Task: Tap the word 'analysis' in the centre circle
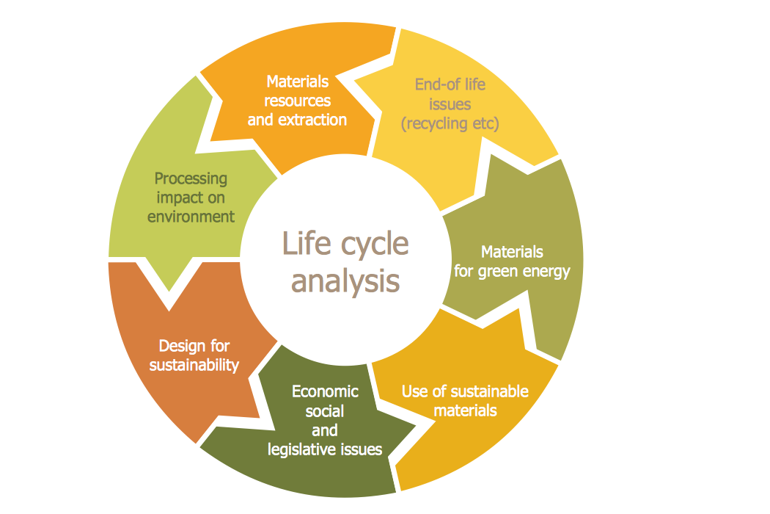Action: (345, 280)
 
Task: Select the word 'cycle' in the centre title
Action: (375, 245)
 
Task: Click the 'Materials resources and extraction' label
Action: (297, 101)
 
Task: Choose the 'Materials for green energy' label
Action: (512, 261)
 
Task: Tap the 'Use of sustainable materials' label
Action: (465, 400)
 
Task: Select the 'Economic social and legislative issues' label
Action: (325, 421)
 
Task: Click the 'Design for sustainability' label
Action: (194, 355)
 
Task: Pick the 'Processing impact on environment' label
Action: (191, 198)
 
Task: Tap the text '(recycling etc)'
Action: (450, 123)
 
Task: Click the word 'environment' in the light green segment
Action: (191, 217)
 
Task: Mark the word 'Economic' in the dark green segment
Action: (325, 391)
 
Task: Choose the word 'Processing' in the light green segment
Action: (191, 178)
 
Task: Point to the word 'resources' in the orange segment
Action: (297, 101)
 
